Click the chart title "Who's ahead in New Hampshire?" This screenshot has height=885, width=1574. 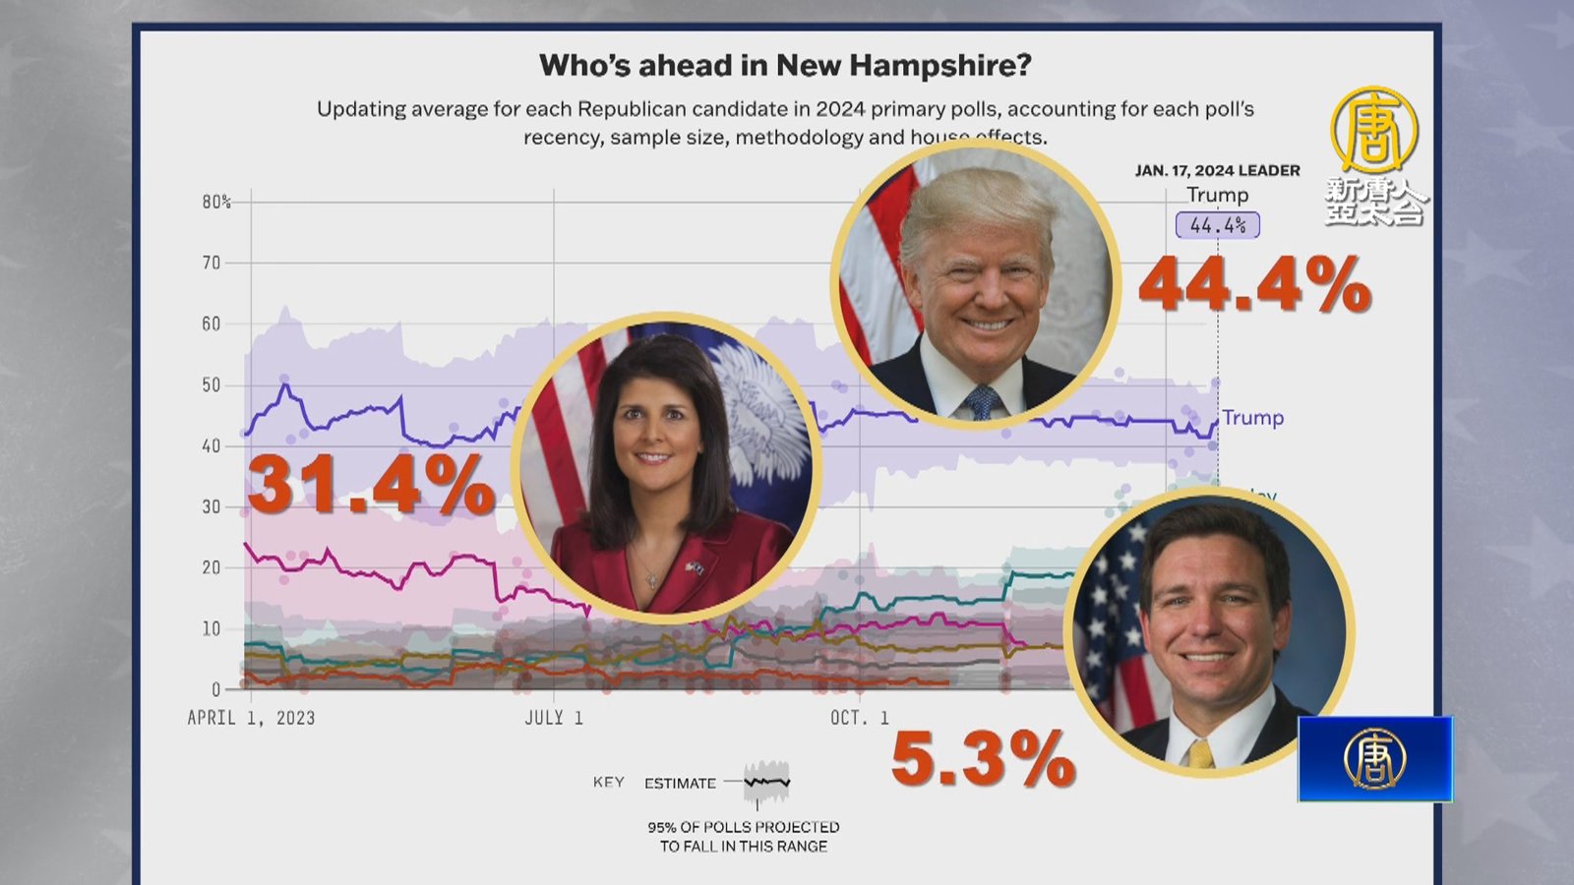tap(785, 66)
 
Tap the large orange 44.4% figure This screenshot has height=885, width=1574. tap(1254, 285)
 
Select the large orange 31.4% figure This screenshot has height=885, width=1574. tap(371, 485)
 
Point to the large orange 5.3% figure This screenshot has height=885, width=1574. tap(983, 758)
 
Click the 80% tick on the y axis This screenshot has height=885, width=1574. tap(216, 203)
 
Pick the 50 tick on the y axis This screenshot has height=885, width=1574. tap(212, 385)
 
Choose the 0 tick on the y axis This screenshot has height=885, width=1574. tap(215, 689)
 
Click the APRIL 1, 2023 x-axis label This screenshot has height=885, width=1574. tap(251, 718)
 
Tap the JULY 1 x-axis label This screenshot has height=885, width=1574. tap(554, 718)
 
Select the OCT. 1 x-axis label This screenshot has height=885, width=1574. tap(859, 718)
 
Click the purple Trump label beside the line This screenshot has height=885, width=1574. tap(1252, 418)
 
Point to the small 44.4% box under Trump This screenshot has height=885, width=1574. tap(1218, 225)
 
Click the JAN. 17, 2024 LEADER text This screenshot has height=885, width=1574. tap(1217, 170)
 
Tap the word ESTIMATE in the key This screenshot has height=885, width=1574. tap(680, 784)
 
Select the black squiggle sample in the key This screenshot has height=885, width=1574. tap(767, 783)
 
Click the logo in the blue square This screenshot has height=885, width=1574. tap(1374, 759)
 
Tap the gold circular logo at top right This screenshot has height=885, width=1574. tap(1374, 129)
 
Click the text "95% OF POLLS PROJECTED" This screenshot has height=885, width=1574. tap(743, 827)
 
